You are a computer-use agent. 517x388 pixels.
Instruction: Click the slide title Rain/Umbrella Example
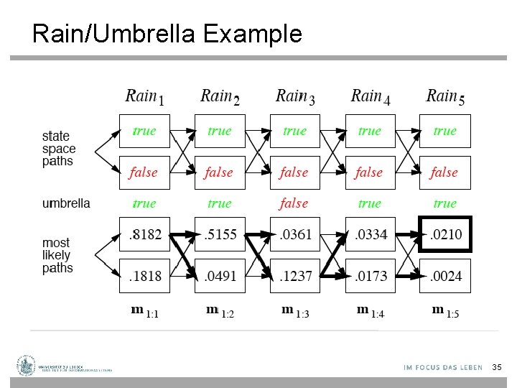pos(167,33)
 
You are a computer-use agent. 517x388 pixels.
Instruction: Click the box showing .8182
pos(144,234)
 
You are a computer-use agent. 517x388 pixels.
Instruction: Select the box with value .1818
pos(144,276)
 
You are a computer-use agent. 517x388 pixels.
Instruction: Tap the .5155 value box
pos(220,234)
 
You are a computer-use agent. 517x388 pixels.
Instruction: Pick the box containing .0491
pos(220,276)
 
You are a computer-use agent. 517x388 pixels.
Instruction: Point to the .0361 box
pos(294,234)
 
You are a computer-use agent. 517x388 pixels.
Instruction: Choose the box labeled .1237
pos(294,276)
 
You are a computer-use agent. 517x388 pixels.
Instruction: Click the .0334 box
pos(370,234)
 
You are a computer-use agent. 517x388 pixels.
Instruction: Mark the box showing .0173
pos(370,276)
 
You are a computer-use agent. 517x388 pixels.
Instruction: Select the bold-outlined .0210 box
pos(445,234)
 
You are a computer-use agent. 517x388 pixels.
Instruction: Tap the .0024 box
pos(445,276)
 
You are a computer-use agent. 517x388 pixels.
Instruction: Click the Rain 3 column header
pos(295,96)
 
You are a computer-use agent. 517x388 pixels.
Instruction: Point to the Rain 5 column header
pos(445,96)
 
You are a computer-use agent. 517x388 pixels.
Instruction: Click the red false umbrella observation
pos(294,203)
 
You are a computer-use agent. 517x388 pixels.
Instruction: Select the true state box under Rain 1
pos(144,131)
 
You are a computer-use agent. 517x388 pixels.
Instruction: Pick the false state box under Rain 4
pos(370,172)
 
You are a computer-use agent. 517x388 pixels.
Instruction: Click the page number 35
pos(497,367)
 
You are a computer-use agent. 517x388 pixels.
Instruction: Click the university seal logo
pos(27,366)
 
